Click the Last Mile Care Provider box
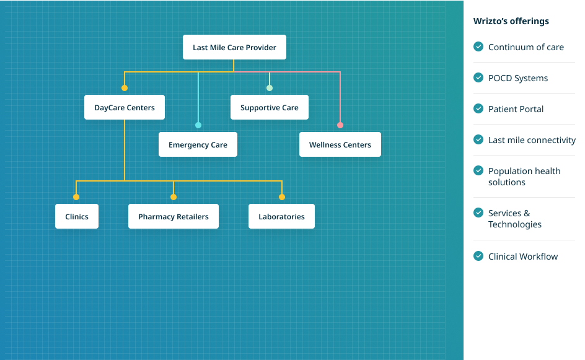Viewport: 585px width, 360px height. [234, 47]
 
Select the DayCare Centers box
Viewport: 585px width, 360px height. [124, 107]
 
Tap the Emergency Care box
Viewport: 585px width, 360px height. [198, 144]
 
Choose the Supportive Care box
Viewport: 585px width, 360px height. [270, 107]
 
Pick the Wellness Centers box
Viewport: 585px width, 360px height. [340, 144]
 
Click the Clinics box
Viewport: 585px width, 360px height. [76, 216]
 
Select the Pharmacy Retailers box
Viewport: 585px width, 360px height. [173, 216]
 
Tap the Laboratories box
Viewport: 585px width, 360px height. [281, 216]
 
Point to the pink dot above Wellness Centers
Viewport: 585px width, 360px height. [340, 125]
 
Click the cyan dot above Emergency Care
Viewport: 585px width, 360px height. [198, 125]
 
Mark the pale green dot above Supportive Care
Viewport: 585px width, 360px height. [270, 88]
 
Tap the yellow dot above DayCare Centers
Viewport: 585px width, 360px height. [124, 88]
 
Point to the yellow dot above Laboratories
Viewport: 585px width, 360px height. [282, 197]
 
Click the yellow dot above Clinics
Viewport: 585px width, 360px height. [76, 197]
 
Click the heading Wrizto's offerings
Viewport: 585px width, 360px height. [511, 21]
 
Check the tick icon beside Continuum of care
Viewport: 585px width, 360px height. [478, 46]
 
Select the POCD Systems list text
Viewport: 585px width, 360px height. [518, 78]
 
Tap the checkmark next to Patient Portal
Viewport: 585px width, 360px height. [478, 108]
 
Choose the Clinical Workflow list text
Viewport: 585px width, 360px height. [522, 257]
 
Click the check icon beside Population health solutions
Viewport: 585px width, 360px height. [478, 170]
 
